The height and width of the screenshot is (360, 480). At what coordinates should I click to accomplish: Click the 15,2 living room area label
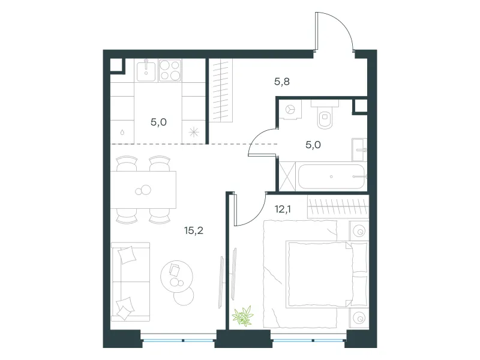[193, 230]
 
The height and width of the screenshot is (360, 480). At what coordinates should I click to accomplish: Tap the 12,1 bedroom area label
[283, 209]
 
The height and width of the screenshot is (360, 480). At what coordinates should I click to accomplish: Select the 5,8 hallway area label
[281, 82]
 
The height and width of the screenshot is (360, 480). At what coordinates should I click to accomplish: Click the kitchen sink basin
[146, 70]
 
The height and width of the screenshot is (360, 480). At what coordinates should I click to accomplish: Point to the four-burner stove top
[170, 70]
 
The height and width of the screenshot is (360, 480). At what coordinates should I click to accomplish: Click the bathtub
[331, 177]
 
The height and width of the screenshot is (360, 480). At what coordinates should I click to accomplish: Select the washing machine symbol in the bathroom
[290, 109]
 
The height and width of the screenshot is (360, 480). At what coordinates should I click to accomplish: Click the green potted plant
[243, 316]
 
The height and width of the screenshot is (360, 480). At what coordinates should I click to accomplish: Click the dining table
[143, 190]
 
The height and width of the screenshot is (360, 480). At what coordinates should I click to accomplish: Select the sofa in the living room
[130, 282]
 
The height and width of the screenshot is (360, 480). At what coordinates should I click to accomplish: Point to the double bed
[326, 274]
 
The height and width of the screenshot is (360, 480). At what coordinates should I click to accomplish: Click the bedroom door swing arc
[257, 217]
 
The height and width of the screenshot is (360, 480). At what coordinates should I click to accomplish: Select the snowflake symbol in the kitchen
[194, 132]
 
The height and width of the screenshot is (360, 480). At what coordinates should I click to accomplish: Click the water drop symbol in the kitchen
[122, 132]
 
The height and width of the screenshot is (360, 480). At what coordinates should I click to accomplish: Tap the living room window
[179, 340]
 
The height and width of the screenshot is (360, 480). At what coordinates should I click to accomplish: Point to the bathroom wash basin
[359, 149]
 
